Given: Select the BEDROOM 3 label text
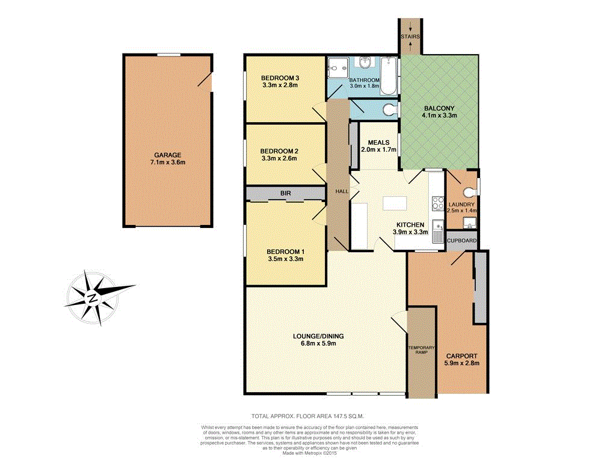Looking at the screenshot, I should click(x=280, y=78).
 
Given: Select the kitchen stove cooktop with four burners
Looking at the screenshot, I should click(x=437, y=205).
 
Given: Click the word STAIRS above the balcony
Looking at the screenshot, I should click(x=411, y=37).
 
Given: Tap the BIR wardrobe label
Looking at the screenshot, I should click(x=286, y=193).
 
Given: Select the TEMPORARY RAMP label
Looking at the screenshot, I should click(x=421, y=350).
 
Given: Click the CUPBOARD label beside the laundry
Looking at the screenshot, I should click(x=462, y=241).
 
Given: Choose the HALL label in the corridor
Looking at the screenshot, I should click(x=342, y=191).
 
